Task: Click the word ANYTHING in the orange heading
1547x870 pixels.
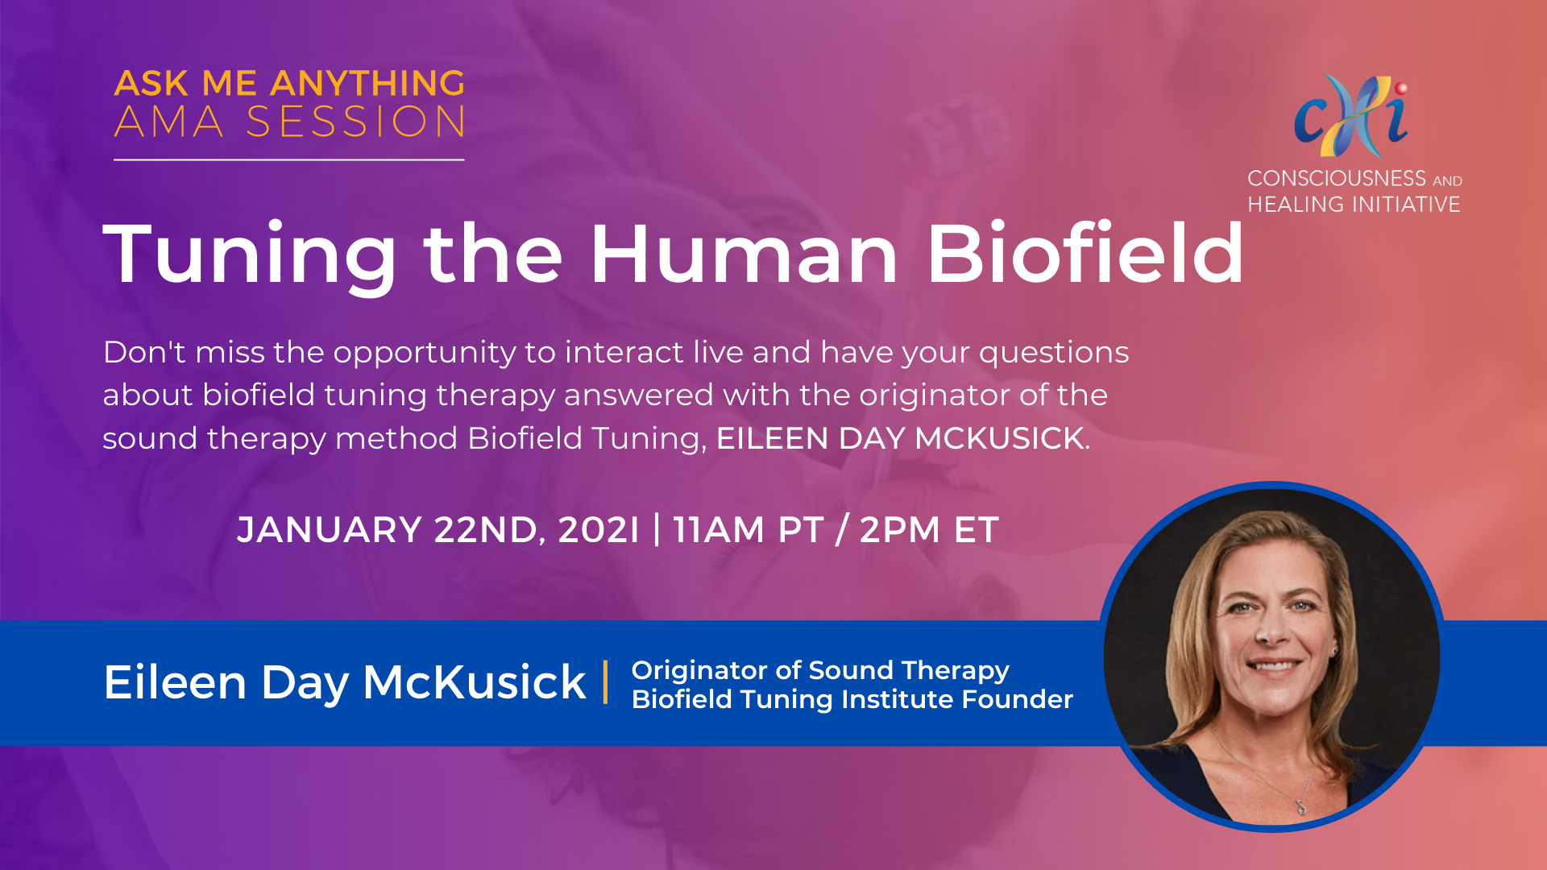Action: pyautogui.click(x=367, y=83)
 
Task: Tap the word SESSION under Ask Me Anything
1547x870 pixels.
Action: pyautogui.click(x=355, y=122)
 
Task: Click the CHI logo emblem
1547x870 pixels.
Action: pyautogui.click(x=1352, y=115)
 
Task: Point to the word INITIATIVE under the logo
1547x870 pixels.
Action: pyautogui.click(x=1407, y=205)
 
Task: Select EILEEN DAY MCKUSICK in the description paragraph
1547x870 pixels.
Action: pyautogui.click(x=900, y=438)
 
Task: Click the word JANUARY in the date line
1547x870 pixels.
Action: pyautogui.click(x=330, y=530)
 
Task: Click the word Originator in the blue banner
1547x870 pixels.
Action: pyautogui.click(x=699, y=671)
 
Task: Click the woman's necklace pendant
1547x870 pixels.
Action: pyautogui.click(x=1300, y=806)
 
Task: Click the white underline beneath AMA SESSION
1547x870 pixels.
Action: pyautogui.click(x=289, y=159)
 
